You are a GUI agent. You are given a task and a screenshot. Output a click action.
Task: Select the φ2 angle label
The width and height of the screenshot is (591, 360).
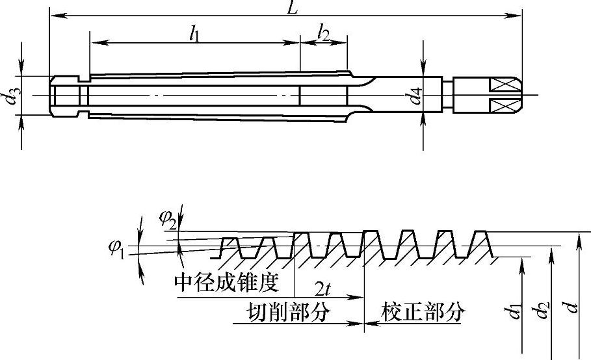pos(168,219)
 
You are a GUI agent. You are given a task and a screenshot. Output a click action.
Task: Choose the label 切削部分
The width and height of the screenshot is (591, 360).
pos(288,312)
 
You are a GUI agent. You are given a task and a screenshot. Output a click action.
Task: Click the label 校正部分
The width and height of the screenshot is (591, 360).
pos(423,312)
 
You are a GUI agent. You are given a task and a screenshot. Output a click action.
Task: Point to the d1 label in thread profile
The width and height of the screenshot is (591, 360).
pos(515,311)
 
